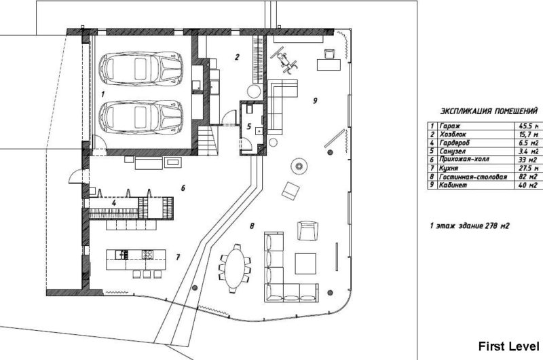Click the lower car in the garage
point(142,116)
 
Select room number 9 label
point(316,101)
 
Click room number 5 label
point(248,126)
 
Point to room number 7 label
point(178,257)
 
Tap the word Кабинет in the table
point(454,184)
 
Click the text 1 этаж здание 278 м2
point(469,225)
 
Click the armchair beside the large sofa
point(307,231)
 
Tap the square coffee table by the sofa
point(305,262)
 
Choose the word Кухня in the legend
point(449,168)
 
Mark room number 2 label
point(236,57)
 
